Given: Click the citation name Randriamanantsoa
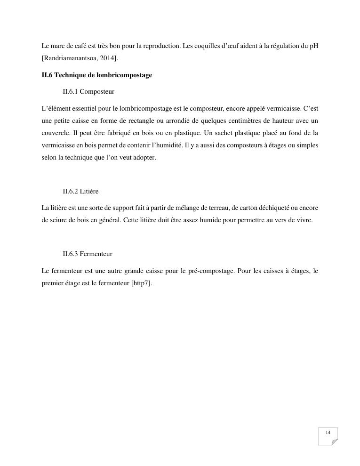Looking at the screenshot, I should (x=71, y=58).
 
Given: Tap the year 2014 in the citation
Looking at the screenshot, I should (x=108, y=58).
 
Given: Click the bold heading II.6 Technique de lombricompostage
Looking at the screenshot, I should (x=96, y=75).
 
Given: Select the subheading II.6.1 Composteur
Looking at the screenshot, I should (x=88, y=91).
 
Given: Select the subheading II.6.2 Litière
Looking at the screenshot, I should (x=80, y=192).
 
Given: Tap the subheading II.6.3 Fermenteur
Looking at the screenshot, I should (x=88, y=254).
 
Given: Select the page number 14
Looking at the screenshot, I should (x=328, y=433).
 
